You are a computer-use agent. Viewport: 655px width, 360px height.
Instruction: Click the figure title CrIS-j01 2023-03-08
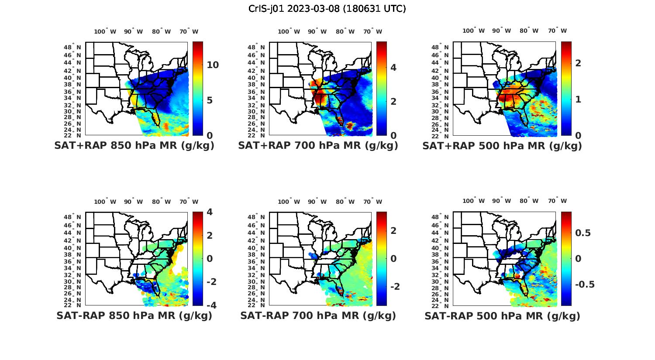(327, 9)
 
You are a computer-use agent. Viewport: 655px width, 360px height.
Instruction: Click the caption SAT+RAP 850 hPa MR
(134, 146)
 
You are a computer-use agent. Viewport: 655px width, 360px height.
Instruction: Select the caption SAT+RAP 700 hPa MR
(318, 146)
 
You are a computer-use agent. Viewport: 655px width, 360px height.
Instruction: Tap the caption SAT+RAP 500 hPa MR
(502, 146)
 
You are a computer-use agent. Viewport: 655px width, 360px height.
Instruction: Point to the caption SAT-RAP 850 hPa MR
(134, 315)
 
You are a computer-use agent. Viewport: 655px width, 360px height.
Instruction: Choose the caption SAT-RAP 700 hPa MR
(318, 315)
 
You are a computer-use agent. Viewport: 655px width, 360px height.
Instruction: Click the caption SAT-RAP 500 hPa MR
(502, 315)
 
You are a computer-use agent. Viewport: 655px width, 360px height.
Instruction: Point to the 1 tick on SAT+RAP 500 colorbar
(578, 99)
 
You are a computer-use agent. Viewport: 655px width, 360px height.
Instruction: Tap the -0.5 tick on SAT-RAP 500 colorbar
(585, 285)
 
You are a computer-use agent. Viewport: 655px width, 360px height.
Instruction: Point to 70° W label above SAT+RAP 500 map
(558, 31)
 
